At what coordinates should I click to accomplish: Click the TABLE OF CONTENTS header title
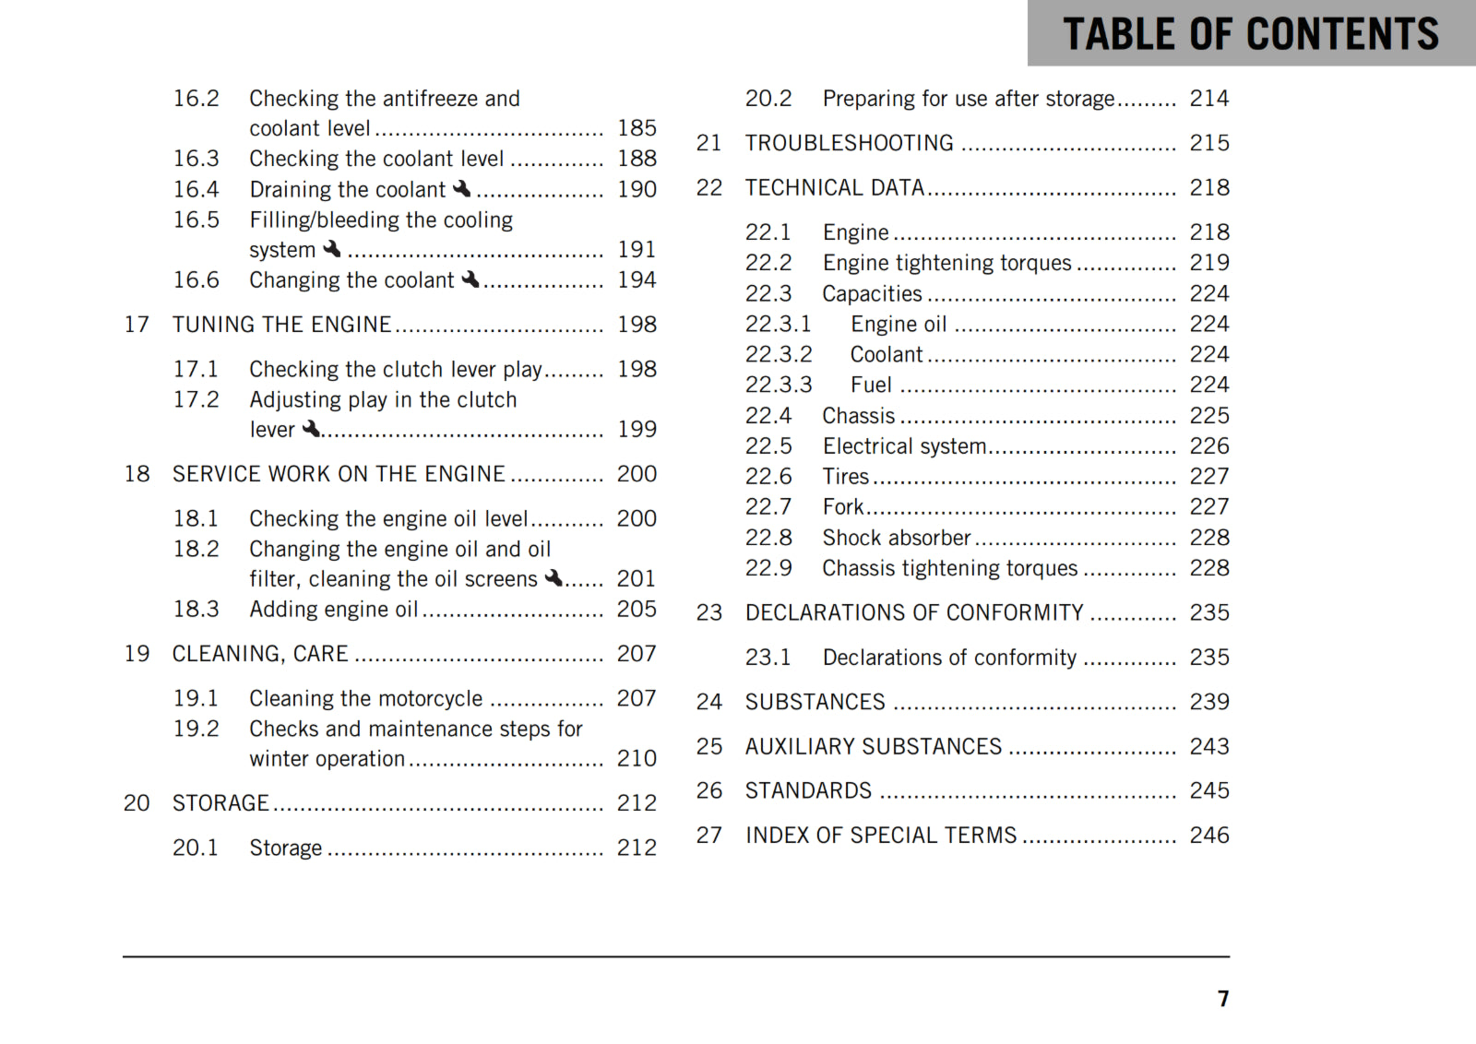1250,34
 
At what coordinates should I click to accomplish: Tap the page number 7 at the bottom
1223,999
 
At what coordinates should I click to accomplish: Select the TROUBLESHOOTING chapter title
849,143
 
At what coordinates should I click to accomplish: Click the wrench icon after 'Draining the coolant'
462,188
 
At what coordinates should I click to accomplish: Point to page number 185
637,128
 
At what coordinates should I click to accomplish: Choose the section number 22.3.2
779,354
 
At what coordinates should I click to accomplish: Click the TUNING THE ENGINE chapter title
281,325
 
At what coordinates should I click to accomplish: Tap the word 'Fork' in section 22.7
842,507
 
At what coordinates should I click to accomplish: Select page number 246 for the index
1208,836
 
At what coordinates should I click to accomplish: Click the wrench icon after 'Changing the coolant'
470,279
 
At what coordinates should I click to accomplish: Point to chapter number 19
137,654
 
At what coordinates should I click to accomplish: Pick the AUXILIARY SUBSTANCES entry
873,746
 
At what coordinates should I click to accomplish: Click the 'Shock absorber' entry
896,538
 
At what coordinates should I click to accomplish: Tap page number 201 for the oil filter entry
636,579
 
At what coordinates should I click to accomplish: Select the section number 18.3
196,610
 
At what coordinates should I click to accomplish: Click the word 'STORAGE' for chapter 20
220,803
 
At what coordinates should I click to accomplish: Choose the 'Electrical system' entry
904,446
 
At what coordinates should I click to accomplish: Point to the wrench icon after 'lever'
312,428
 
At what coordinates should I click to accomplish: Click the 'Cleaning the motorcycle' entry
365,699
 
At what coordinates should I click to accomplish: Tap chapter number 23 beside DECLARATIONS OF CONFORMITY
708,613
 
